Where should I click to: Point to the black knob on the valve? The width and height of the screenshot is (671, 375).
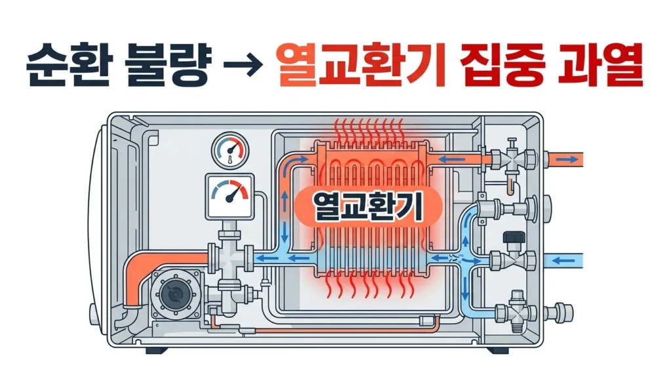point(508,237)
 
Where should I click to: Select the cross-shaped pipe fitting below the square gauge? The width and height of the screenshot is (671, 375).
point(229,258)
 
